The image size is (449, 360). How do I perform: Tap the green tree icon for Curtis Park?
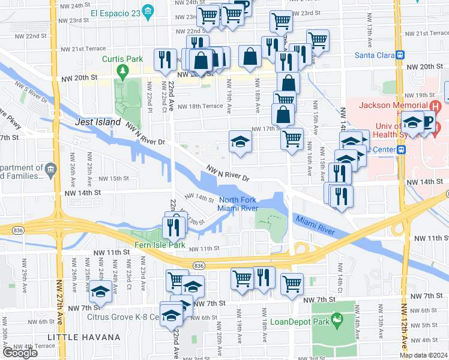point(123,73)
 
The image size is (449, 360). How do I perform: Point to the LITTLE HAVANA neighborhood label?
point(83,338)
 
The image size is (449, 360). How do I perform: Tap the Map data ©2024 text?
point(423,355)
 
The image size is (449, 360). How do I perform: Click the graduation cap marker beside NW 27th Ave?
point(100,292)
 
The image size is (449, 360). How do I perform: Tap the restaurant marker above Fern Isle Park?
point(172,227)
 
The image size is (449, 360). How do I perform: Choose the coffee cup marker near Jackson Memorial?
point(427,121)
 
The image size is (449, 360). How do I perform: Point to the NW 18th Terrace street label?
point(199,106)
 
